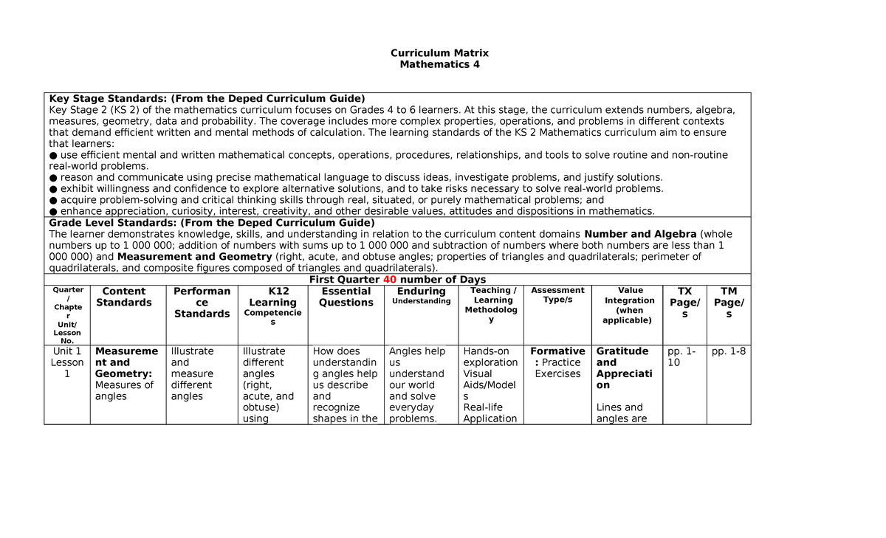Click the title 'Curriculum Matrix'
439,53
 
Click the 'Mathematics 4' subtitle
439,64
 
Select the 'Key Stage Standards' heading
207,99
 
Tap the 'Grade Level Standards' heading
212,223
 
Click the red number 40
389,280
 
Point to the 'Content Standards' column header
123,297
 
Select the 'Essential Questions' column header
346,297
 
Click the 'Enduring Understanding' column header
421,296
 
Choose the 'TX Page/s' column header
684,303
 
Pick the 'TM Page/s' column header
729,303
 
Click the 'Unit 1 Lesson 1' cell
67,362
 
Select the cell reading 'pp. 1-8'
728,351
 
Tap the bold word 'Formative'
557,351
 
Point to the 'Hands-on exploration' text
490,357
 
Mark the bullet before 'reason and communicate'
52,178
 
